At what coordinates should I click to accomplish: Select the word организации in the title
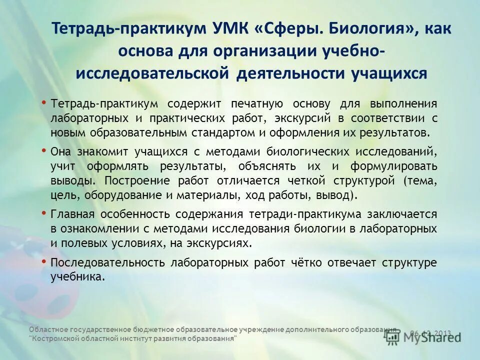(x=269, y=50)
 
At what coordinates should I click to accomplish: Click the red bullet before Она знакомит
(x=44, y=149)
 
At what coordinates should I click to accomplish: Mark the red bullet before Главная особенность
(x=44, y=212)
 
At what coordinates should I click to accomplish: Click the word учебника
(x=77, y=277)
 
